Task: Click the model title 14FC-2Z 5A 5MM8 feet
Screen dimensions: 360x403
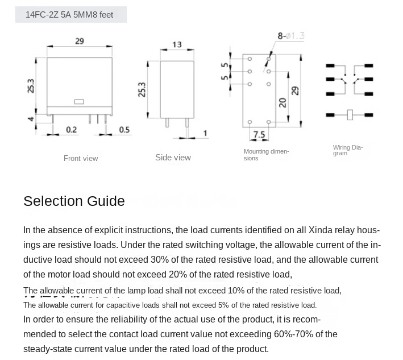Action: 69,15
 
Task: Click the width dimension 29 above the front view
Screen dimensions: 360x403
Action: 80,41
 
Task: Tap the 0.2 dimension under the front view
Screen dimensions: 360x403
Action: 71,130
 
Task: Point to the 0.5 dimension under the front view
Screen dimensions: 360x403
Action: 124,130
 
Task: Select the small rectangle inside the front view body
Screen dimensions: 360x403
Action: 79,102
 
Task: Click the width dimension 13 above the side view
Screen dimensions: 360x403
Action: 177,44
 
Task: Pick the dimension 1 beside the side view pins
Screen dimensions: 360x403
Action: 205,134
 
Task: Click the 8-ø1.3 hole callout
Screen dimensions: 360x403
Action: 290,36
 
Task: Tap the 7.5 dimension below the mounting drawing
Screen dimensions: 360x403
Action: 259,135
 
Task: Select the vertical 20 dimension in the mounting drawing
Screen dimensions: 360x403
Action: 282,102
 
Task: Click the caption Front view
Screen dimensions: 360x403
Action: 81,158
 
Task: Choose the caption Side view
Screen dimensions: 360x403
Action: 173,158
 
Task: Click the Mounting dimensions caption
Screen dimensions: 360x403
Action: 266,155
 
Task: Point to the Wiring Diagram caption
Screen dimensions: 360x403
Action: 347,150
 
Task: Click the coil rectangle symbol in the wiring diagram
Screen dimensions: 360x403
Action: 350,115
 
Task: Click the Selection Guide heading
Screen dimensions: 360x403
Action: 74,201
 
